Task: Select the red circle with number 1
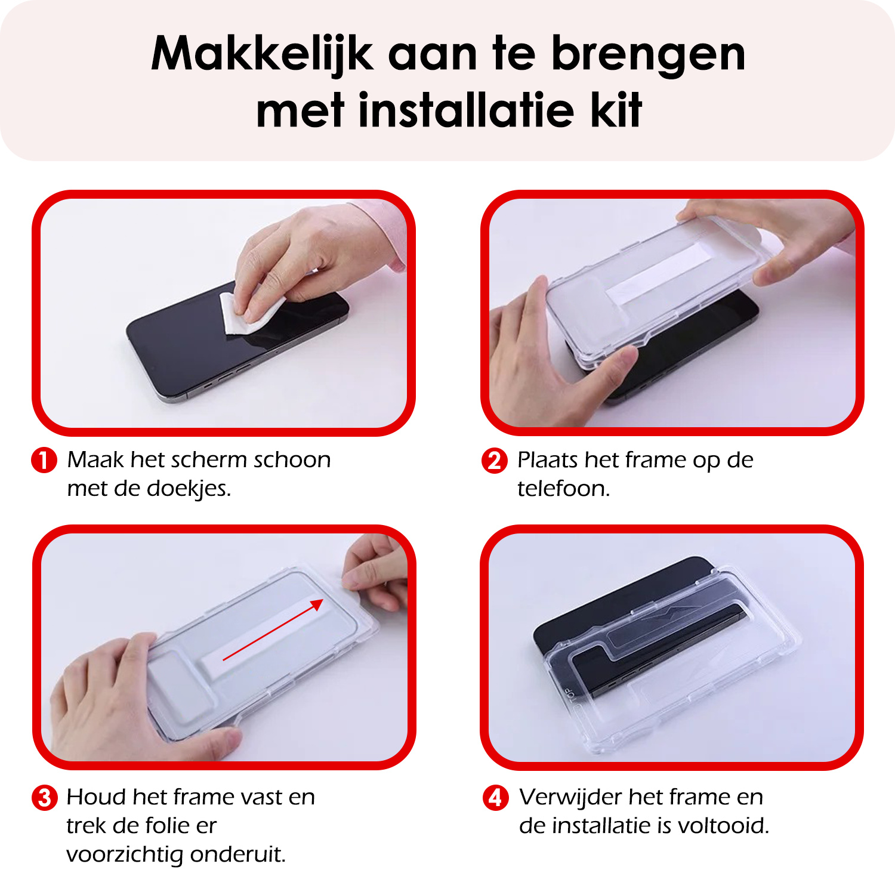44,460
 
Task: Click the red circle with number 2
494,461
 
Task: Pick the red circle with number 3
44,798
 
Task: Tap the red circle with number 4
495,798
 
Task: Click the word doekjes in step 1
188,489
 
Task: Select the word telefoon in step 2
563,489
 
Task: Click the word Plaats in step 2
547,460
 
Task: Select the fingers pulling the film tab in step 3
370,570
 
